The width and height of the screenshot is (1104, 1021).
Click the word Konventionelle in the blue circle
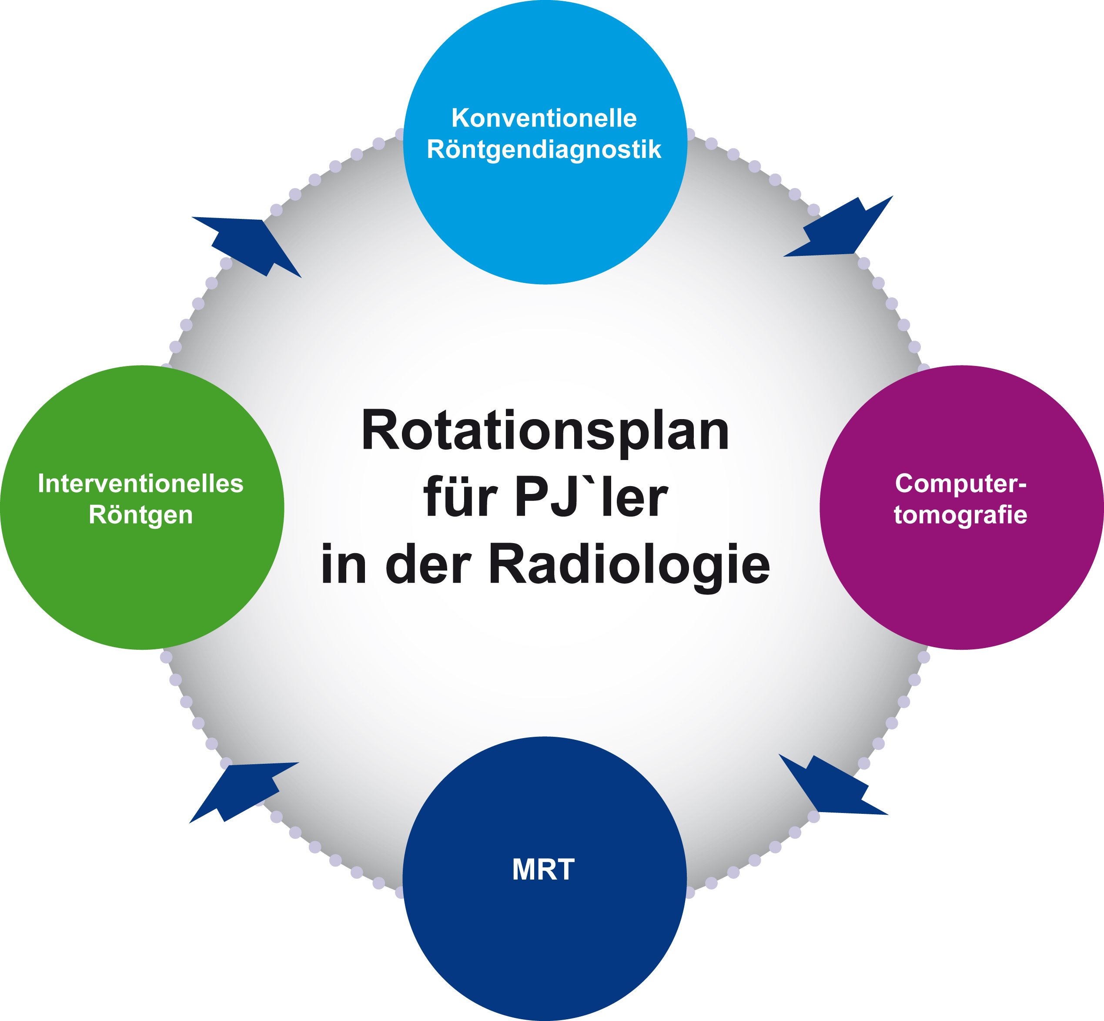click(x=544, y=118)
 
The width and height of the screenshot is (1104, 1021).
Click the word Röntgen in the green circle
click(x=141, y=515)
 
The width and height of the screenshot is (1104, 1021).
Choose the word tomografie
click(x=960, y=515)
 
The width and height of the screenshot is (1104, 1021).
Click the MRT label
click(x=543, y=869)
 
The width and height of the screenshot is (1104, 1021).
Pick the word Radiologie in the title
click(x=629, y=564)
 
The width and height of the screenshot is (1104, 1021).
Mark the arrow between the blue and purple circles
click(x=838, y=226)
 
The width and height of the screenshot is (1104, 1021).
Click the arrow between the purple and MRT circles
click(x=833, y=785)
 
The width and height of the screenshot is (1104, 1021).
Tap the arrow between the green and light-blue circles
click(x=246, y=247)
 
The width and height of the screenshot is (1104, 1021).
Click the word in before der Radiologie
click(x=344, y=564)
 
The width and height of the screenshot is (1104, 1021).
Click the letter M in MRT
click(x=524, y=869)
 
